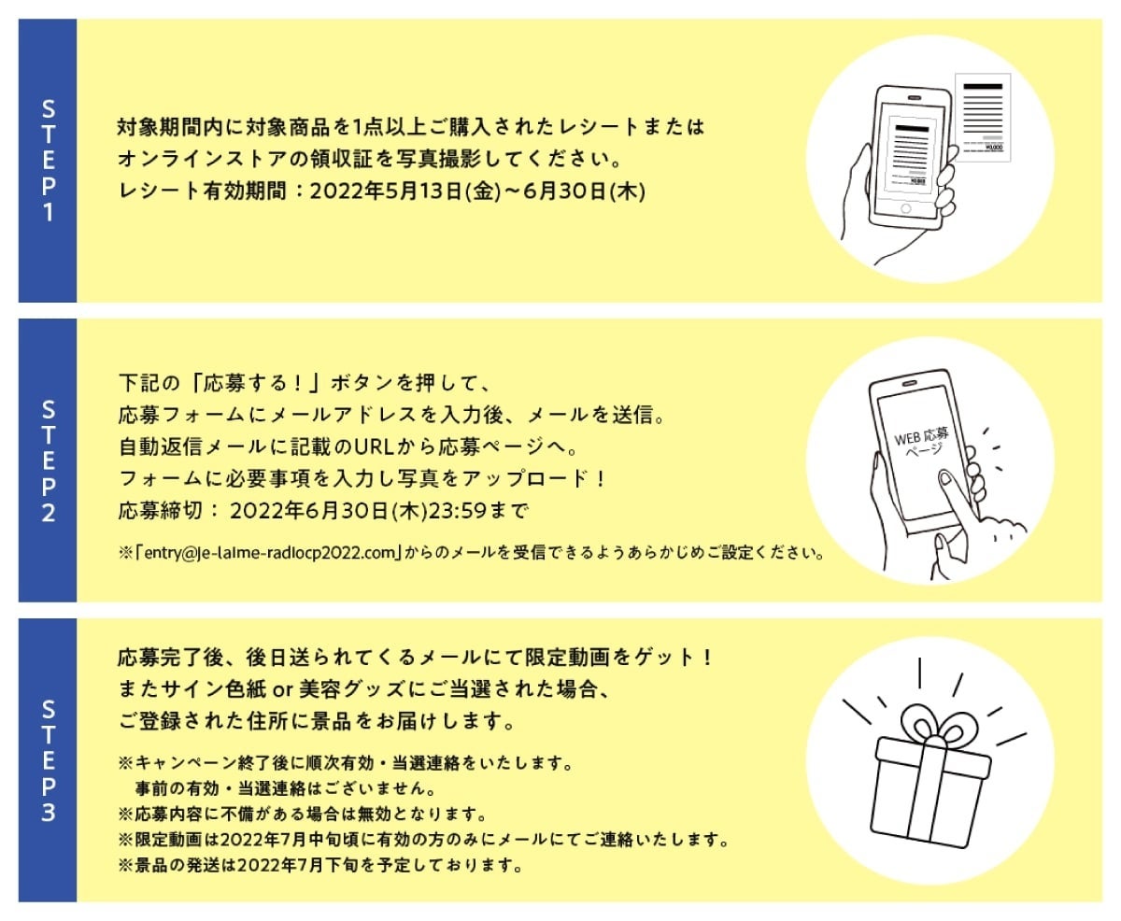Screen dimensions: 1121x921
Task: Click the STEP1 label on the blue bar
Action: coord(48,161)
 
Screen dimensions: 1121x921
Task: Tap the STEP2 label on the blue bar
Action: coord(48,460)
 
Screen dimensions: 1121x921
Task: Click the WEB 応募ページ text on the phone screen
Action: coord(920,441)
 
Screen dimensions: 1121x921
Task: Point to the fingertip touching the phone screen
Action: coord(944,479)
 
